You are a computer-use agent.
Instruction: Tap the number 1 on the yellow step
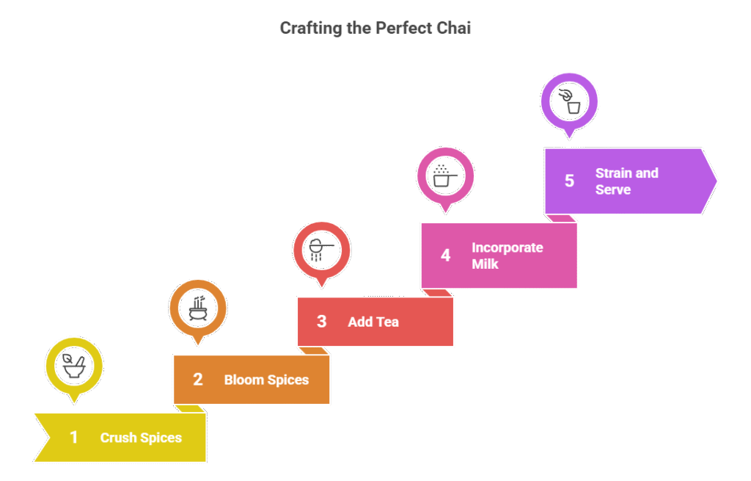pos(73,438)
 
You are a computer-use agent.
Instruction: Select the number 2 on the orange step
pos(197,380)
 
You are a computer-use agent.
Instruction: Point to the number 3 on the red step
pos(321,322)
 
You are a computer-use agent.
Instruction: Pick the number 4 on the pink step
pos(445,256)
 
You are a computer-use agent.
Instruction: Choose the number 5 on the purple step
pos(569,181)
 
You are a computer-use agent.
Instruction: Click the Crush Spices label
pos(141,438)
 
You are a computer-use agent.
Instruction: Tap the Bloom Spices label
pos(266,380)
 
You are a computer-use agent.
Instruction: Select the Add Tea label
pos(373,322)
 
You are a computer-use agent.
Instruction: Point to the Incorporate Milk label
pos(507,256)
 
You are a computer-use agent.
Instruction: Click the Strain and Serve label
pos(626,181)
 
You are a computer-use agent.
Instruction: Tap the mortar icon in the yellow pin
pos(73,365)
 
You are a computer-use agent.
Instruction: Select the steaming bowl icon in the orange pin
pos(197,307)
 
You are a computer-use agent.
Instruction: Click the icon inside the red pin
pos(321,249)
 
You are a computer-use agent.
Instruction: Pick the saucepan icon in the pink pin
pos(445,176)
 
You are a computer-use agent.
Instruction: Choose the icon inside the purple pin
pos(569,101)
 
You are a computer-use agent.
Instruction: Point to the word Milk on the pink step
pos(485,264)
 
